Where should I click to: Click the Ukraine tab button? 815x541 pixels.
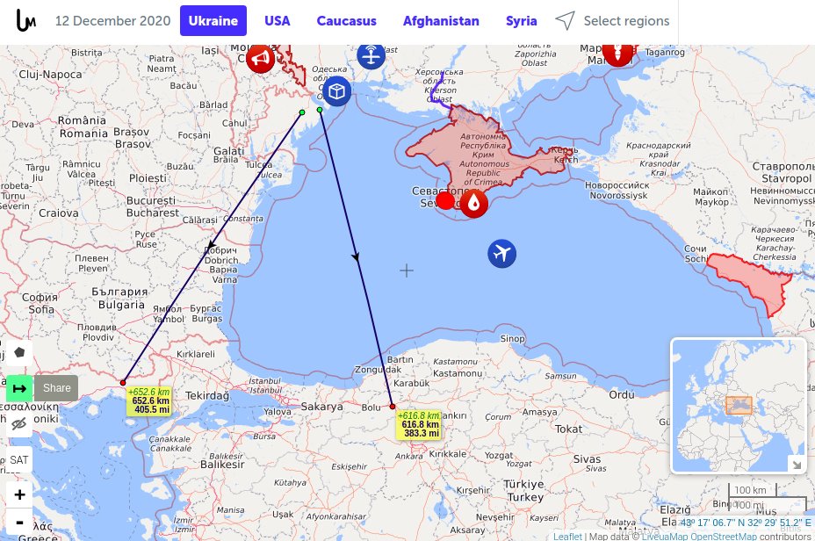coord(213,20)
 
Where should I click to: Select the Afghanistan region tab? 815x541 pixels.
coord(441,20)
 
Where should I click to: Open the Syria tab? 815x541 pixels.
coord(522,20)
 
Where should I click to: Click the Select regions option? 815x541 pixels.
coord(612,20)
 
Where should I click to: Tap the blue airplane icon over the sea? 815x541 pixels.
coord(502,254)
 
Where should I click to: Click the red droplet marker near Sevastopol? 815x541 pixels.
coord(474,204)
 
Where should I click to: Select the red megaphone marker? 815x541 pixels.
coord(260,59)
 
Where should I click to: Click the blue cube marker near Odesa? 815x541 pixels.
coord(337,90)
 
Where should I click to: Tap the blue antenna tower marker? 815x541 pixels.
coord(371,56)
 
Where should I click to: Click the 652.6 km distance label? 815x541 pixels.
coord(150,400)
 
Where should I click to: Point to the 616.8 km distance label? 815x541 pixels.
coord(420,424)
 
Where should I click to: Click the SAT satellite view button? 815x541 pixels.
coord(18,459)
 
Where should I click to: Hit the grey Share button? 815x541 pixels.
coord(57,387)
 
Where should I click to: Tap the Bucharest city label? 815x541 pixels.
coord(153,212)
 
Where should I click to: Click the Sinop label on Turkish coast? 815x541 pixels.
coord(512,338)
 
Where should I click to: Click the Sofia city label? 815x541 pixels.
coord(41,308)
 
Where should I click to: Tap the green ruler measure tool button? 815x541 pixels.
coord(19,387)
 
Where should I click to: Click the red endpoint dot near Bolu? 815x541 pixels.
coord(393,407)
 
